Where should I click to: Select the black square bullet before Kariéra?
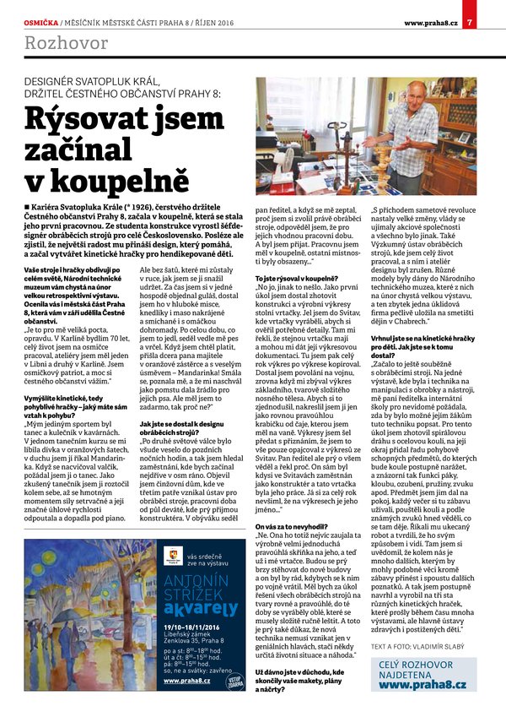point(28,206)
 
